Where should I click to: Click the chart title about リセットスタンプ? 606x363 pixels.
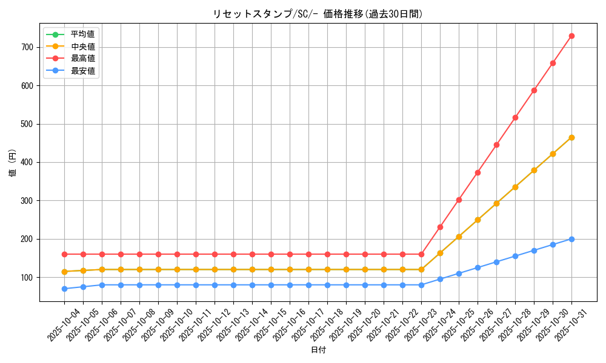318,14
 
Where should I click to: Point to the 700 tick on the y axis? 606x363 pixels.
29,47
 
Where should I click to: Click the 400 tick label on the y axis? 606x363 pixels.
29,162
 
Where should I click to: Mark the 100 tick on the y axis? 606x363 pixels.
29,277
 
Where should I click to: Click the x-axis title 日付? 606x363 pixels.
318,350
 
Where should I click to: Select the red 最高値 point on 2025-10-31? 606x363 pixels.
571,36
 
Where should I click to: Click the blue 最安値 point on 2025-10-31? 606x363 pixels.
571,239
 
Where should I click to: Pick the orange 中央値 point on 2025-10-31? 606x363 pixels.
571,137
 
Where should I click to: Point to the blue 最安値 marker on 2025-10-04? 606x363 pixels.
64,289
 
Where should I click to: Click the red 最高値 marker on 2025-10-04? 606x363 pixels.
64,254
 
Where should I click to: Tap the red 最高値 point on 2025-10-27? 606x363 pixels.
496,145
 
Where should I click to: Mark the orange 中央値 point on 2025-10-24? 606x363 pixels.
440,253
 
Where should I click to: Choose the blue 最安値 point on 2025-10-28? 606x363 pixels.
515,256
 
